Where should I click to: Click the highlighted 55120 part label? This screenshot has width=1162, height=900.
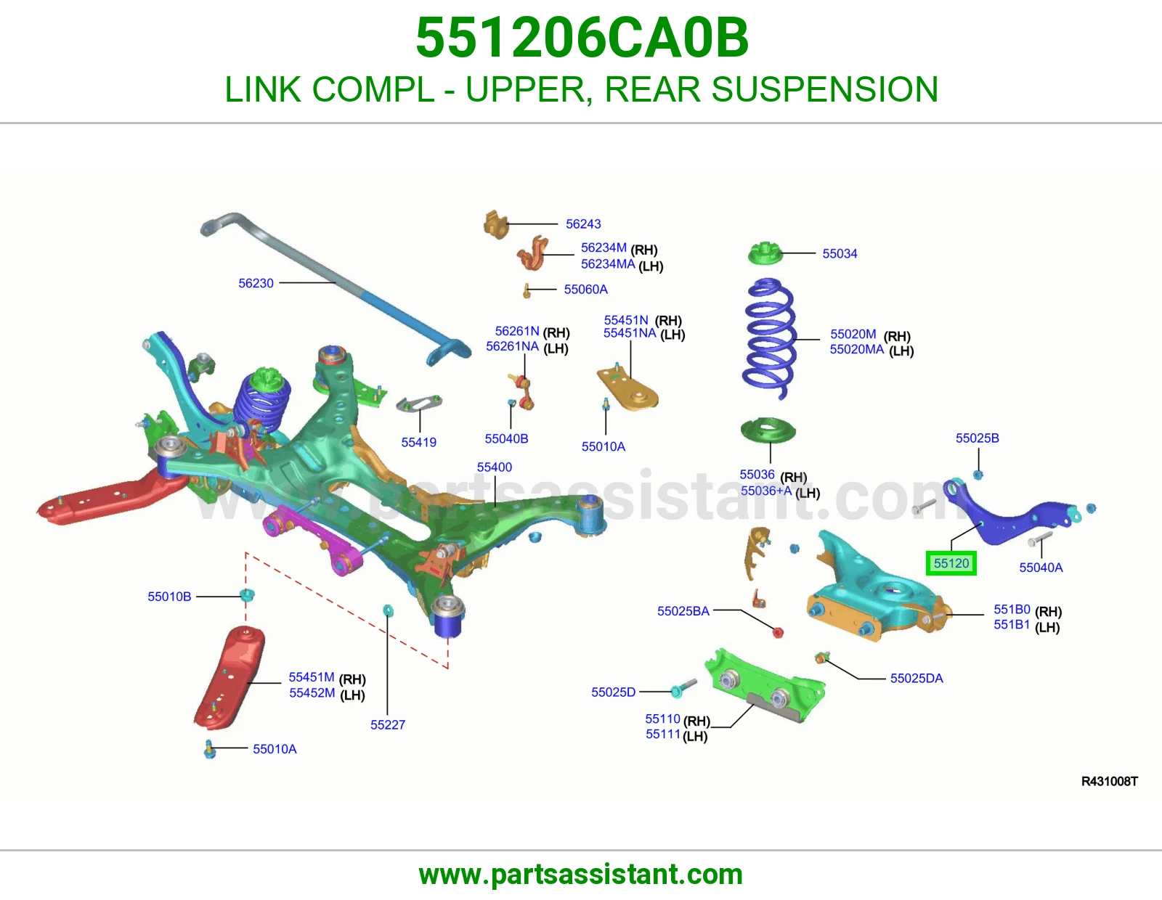(951, 563)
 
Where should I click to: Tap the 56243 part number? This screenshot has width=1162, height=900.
(583, 224)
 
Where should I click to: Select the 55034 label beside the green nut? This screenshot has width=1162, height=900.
(840, 253)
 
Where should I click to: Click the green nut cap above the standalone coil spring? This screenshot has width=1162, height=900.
(765, 253)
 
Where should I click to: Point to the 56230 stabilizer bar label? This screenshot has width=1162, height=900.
(256, 283)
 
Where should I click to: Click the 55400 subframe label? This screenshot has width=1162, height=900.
(494, 467)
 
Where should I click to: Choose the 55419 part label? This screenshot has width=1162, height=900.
(419, 443)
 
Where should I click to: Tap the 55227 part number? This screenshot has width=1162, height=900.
(388, 724)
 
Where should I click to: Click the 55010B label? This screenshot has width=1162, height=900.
(169, 597)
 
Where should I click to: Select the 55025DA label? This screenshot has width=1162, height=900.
(917, 678)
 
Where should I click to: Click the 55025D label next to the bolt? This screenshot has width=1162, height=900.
(614, 692)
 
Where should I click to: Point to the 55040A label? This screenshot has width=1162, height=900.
(1041, 568)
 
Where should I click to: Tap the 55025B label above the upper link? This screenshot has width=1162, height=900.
(977, 438)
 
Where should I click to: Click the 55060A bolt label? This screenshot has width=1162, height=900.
(585, 289)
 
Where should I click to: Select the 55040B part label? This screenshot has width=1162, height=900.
(506, 439)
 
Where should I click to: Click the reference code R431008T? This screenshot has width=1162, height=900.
(1110, 782)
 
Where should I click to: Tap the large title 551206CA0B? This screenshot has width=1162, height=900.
(582, 38)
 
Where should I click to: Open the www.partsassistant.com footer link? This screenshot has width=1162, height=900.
(581, 875)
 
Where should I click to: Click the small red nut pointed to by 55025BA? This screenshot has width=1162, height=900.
(778, 633)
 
